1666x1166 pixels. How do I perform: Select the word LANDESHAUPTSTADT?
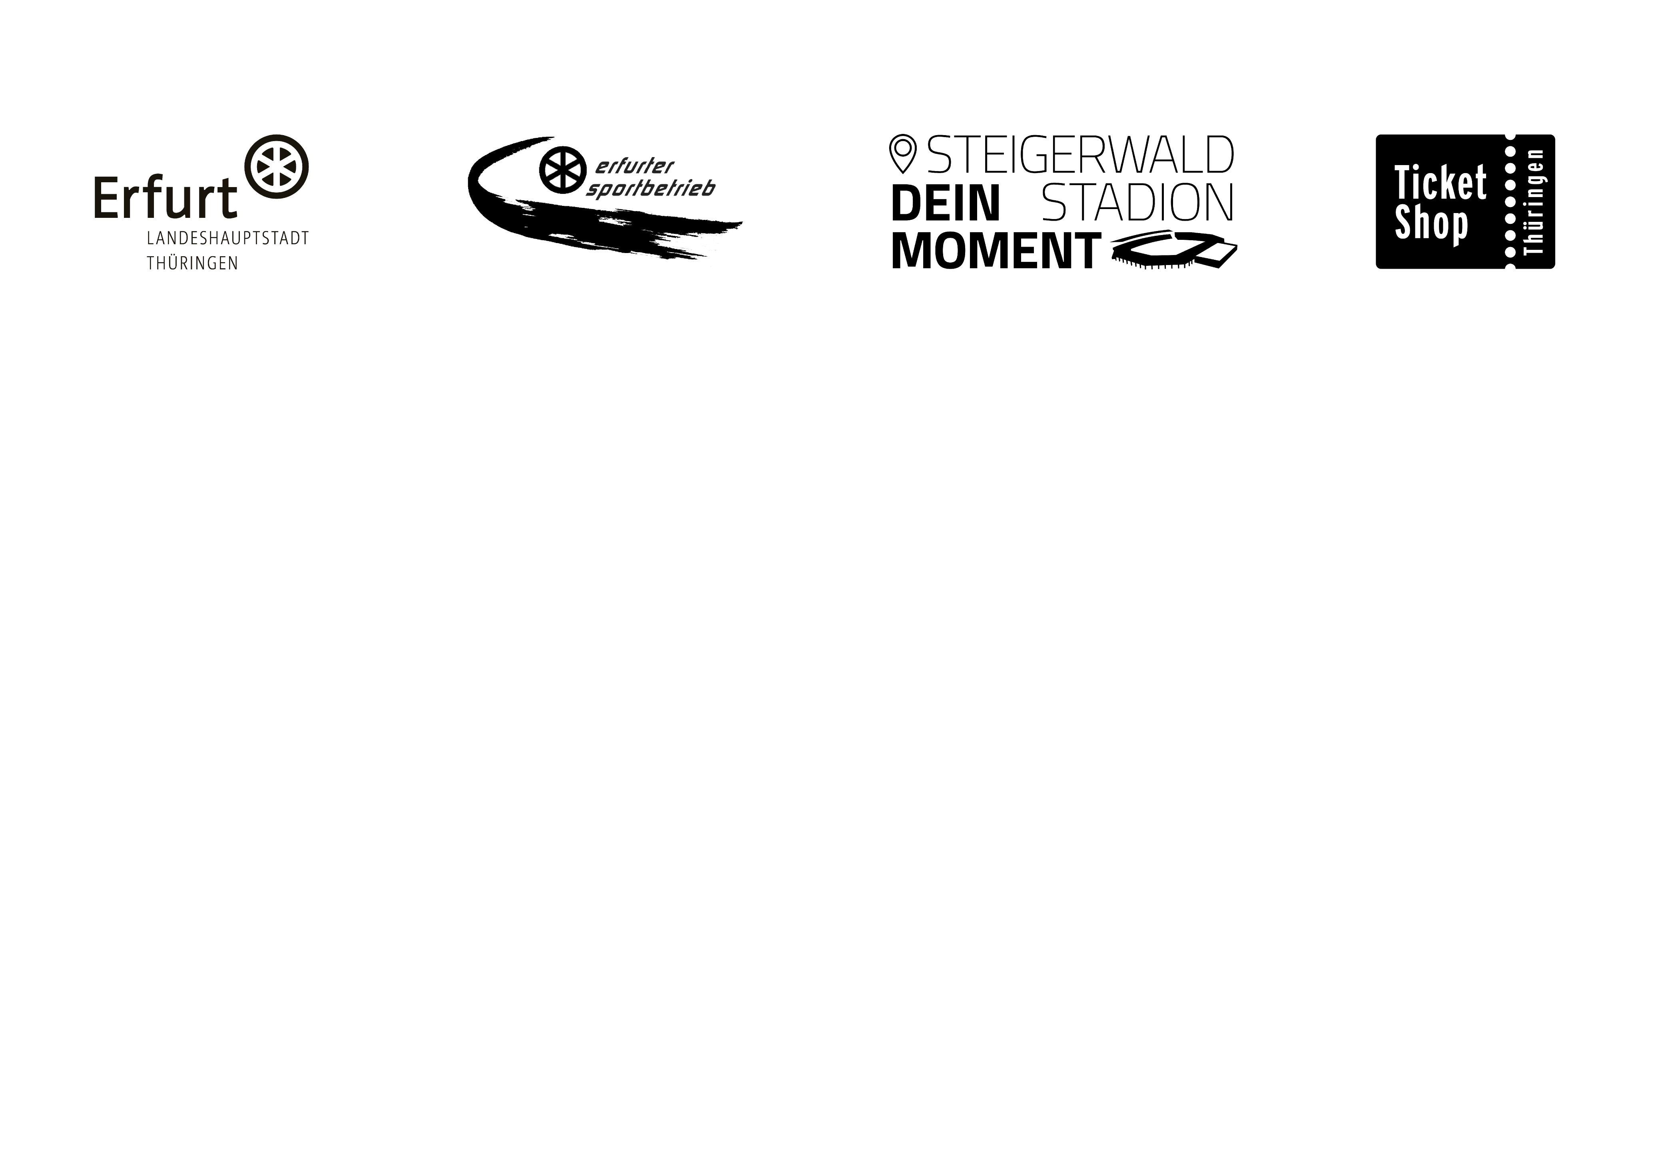coord(228,239)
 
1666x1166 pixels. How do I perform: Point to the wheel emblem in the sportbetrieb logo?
coord(563,171)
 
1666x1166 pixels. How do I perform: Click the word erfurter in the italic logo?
coord(634,167)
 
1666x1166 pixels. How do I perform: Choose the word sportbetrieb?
coord(650,188)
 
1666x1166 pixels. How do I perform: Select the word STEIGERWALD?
coord(1080,155)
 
